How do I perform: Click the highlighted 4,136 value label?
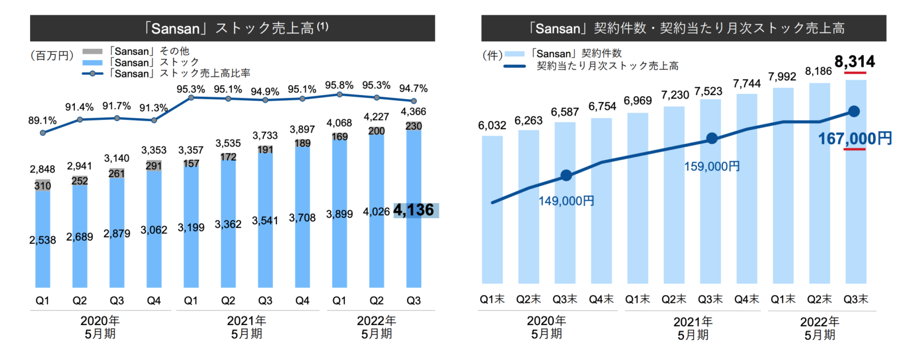[414, 211]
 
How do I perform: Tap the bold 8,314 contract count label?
[854, 61]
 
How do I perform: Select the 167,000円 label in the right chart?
[854, 138]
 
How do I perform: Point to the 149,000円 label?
[566, 201]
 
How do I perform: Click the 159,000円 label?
[712, 166]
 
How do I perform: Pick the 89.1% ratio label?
[42, 121]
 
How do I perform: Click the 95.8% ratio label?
[339, 85]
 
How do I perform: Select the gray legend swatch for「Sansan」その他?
[92, 52]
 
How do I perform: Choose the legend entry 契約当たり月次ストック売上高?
[607, 66]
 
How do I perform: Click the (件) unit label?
[492, 55]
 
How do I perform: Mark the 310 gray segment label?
[42, 186]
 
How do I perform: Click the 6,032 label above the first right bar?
[492, 126]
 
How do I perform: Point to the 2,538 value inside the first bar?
[43, 240]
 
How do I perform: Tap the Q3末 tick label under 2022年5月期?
[856, 299]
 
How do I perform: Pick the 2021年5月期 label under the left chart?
[246, 327]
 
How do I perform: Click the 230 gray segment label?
[413, 126]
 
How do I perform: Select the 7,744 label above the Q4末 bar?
[746, 84]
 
